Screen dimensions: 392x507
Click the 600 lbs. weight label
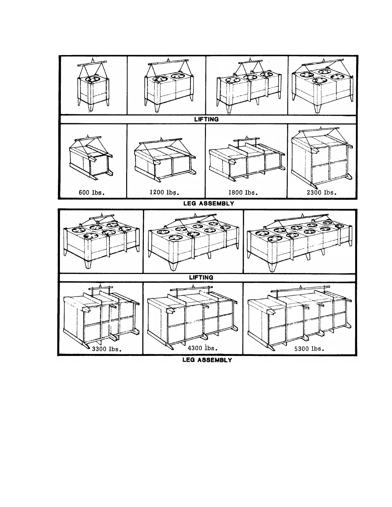[92, 193]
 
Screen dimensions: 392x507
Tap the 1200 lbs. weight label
[164, 193]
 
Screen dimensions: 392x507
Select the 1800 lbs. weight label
[243, 193]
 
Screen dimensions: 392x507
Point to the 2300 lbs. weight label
[321, 193]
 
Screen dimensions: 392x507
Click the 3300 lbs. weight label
[107, 349]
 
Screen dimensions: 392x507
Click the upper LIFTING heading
[206, 119]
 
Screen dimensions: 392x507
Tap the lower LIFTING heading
[201, 278]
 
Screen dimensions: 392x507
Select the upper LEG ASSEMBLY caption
[208, 203]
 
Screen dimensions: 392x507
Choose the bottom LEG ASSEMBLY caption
[207, 360]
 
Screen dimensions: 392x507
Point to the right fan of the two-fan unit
[178, 76]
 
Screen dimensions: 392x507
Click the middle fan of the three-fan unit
[249, 77]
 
